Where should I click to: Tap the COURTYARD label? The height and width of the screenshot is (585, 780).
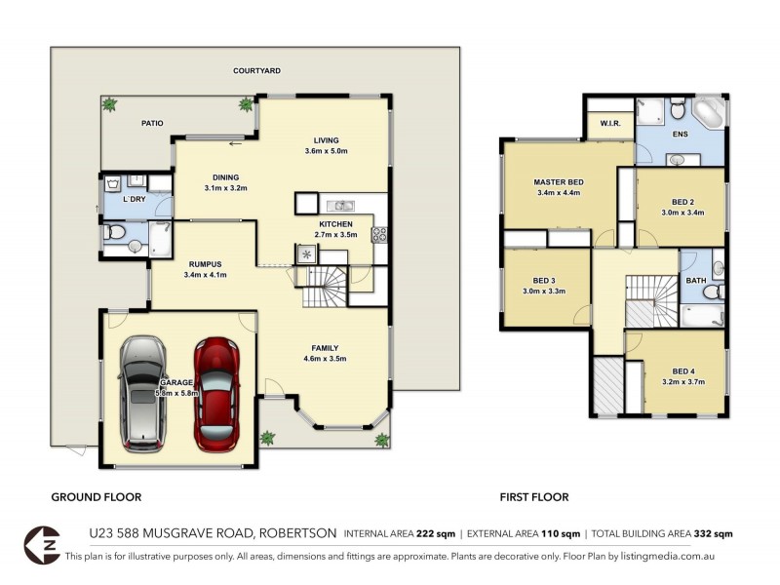click(x=256, y=71)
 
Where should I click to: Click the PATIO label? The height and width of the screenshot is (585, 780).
click(x=151, y=123)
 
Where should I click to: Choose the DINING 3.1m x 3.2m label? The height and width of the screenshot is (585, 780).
click(x=226, y=182)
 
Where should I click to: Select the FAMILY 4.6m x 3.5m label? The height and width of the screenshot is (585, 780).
click(x=326, y=354)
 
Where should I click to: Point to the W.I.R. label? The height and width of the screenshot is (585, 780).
click(x=611, y=124)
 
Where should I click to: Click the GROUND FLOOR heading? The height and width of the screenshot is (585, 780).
click(x=96, y=497)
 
